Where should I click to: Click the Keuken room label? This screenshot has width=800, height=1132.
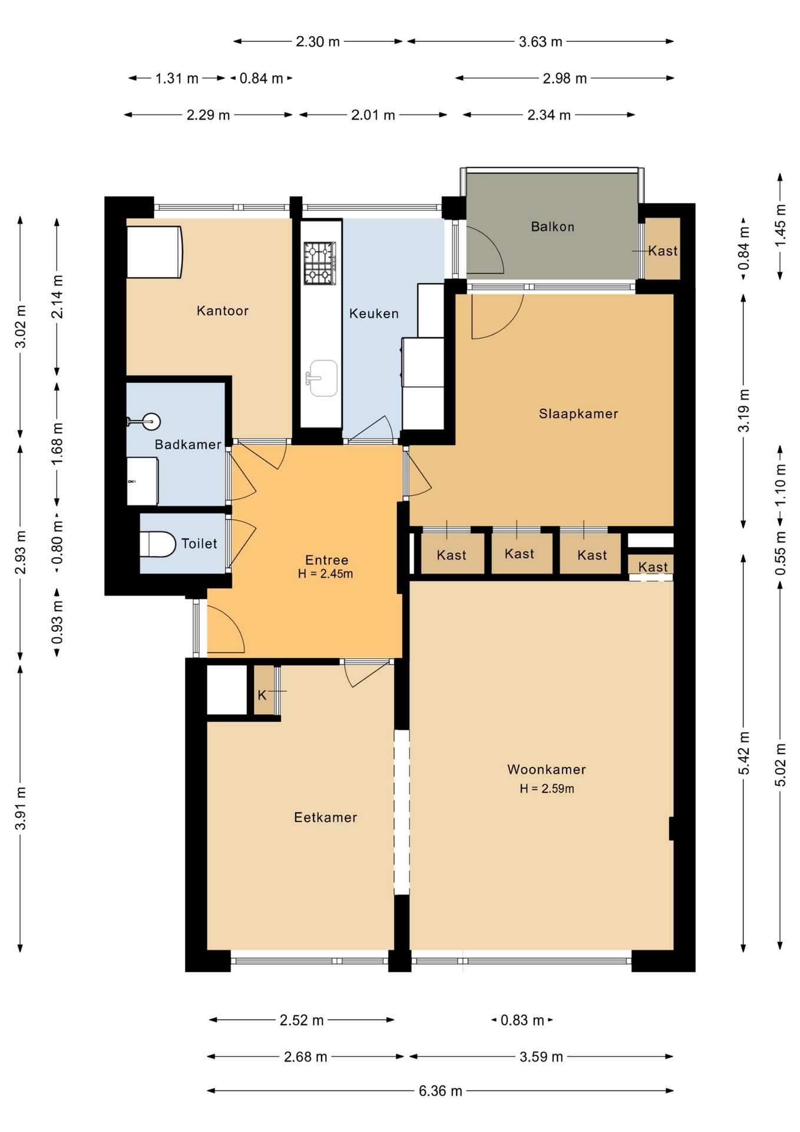(373, 314)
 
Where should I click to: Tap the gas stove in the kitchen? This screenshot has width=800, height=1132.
(319, 263)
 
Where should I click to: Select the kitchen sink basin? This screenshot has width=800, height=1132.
(323, 378)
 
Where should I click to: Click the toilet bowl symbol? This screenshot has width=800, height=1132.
(158, 544)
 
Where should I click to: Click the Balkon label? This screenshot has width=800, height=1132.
(552, 227)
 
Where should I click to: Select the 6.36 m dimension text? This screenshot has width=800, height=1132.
(440, 1091)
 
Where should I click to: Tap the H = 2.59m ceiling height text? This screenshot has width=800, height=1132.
(547, 789)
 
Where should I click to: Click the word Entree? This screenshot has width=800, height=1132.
(326, 560)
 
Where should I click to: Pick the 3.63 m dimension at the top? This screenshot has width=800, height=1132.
(540, 42)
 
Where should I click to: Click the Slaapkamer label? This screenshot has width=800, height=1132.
(578, 414)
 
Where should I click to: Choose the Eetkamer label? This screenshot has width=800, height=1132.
(325, 817)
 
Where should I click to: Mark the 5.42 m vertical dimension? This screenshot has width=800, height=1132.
(744, 753)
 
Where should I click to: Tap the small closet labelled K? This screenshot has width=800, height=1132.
(264, 690)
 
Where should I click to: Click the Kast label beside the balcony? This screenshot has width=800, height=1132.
(663, 251)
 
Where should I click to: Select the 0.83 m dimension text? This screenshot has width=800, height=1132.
(522, 1021)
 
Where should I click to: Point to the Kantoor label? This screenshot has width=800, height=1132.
(222, 311)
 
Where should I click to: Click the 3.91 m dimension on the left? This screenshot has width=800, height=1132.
(21, 808)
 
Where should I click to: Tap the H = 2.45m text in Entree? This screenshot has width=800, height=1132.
(325, 574)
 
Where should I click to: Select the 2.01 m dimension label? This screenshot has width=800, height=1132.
(373, 115)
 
